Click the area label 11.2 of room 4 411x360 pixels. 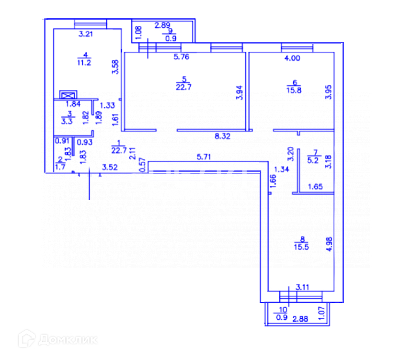85,61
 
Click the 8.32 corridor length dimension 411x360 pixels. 223,136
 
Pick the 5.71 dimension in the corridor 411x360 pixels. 205,156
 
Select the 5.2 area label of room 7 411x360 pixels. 315,160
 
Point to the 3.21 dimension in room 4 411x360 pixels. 85,34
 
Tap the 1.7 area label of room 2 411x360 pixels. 60,167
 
